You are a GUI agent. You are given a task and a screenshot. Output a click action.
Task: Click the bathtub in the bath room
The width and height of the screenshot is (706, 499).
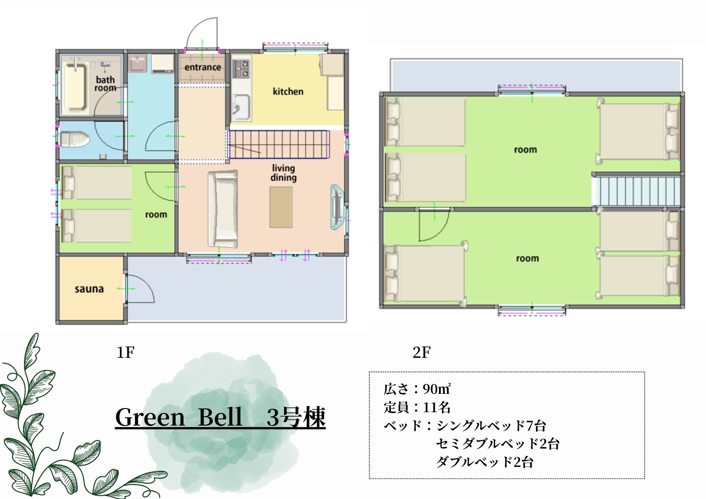click(x=75, y=87)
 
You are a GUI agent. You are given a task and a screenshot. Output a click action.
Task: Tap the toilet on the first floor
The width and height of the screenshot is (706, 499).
click(x=74, y=140)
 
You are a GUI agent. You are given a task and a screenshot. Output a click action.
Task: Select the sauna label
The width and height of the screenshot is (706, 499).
click(x=89, y=289)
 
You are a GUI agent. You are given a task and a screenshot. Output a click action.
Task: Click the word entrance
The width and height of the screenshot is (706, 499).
click(x=203, y=67)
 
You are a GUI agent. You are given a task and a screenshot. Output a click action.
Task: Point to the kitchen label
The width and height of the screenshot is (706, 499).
click(x=288, y=91)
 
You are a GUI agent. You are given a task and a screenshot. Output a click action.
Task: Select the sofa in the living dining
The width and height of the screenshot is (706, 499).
click(x=222, y=209)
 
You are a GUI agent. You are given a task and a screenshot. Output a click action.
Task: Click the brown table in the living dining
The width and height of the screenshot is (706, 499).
click(x=281, y=208)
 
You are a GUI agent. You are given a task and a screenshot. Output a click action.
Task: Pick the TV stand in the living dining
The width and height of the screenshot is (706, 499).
click(x=337, y=208)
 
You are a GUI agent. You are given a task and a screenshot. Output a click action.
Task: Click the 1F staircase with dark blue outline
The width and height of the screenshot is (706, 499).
click(x=279, y=145)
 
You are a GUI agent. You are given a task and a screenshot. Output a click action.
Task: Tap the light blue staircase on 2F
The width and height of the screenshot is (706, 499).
click(x=637, y=191)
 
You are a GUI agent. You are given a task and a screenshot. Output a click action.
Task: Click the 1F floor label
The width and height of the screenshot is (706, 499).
click(x=125, y=352)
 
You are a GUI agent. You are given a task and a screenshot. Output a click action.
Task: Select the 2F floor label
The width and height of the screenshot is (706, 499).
click(x=421, y=352)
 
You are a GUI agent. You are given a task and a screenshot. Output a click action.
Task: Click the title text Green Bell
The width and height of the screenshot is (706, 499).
click(x=179, y=417)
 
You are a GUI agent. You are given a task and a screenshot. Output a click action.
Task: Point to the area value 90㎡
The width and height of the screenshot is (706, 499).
click(x=437, y=389)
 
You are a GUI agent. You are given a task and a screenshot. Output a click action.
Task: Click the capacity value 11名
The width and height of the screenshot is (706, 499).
click(x=437, y=407)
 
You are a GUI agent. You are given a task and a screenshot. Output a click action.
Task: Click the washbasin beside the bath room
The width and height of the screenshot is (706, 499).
click(x=137, y=64)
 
